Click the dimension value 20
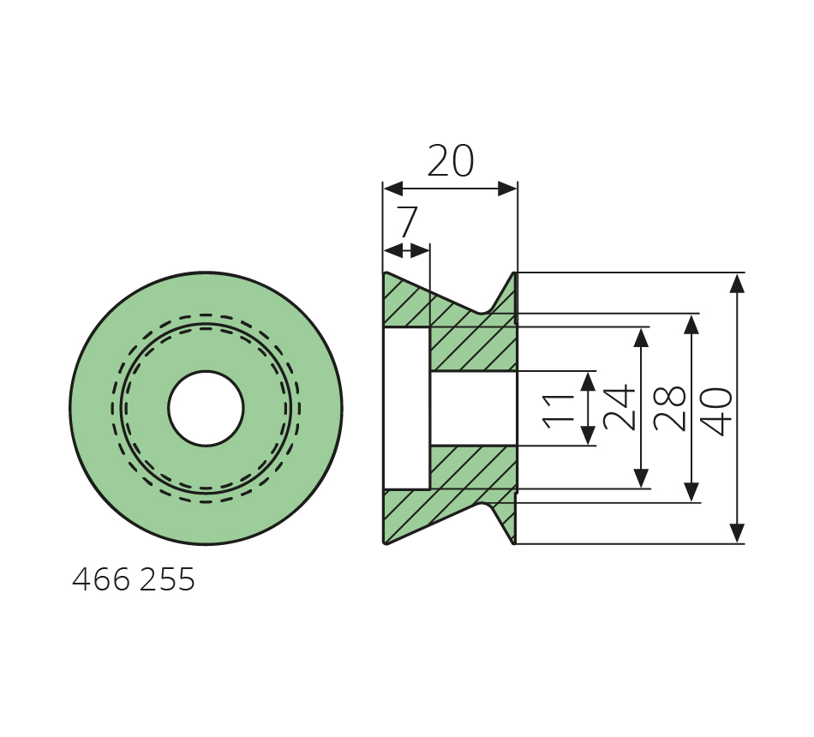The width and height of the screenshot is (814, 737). [450, 161]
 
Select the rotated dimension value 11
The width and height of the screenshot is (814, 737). [559, 411]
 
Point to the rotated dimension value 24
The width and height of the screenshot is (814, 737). [619, 408]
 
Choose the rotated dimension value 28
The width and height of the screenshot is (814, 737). [670, 408]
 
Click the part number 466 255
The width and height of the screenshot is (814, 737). [134, 579]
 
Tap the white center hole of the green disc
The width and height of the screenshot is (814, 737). [206, 408]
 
